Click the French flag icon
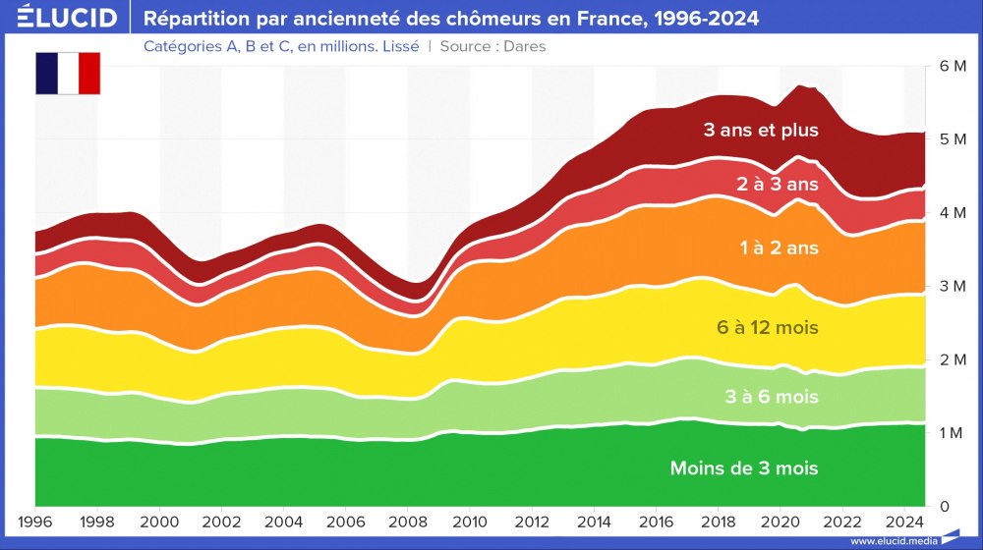pos(68,74)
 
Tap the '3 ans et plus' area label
pos(761,130)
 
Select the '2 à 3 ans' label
pos(778,184)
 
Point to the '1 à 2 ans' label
pos(779,248)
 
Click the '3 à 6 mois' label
pos(773,398)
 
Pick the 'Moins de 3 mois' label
pos(743,468)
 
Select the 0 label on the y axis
pos(944,507)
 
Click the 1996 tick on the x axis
pos(35,522)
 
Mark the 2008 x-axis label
pos(408,522)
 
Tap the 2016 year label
pos(657,522)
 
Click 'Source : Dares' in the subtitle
pos(492,46)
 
